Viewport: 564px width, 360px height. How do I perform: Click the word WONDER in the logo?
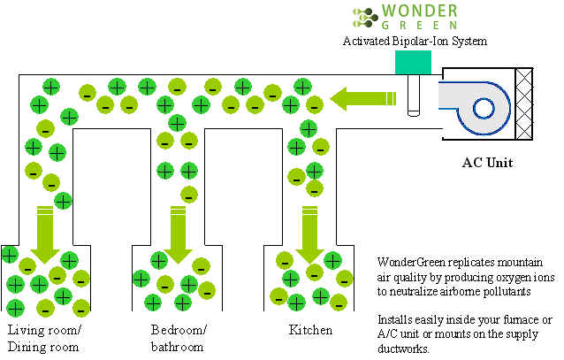tap(419, 11)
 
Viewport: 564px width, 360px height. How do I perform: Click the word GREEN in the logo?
tap(419, 26)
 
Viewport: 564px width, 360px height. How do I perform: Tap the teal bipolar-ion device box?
tap(413, 62)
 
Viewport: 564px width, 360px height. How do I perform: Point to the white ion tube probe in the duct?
tap(414, 95)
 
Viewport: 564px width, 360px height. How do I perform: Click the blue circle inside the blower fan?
tap(484, 109)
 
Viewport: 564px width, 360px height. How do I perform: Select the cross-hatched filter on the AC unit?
tap(523, 103)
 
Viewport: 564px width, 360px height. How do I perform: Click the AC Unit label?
tap(487, 163)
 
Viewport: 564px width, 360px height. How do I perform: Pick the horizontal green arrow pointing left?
tap(363, 98)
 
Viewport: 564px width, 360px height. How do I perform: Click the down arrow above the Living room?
tap(45, 234)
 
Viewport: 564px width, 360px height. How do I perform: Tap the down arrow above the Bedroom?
tap(178, 234)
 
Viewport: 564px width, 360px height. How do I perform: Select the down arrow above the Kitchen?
tap(309, 234)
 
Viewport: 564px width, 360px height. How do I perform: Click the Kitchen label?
tap(310, 330)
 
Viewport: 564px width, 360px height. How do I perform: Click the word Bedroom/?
tap(179, 330)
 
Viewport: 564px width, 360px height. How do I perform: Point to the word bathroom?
tap(178, 347)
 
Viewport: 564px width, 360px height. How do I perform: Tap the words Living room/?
tap(44, 331)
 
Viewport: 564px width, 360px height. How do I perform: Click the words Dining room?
tap(43, 347)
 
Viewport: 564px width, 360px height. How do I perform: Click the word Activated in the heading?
tap(366, 41)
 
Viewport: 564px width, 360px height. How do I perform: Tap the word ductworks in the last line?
tap(403, 349)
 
